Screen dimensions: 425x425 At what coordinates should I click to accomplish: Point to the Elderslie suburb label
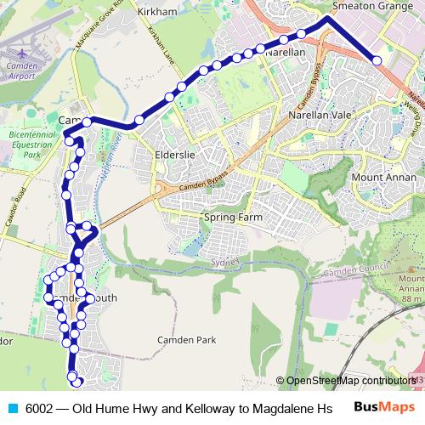176,155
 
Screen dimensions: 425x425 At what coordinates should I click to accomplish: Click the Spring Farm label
233,218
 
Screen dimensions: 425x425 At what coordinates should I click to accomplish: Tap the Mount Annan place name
382,178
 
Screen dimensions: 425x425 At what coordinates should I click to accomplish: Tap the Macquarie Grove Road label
95,31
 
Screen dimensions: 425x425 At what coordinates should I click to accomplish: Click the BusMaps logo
383,407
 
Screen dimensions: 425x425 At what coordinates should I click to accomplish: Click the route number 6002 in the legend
39,407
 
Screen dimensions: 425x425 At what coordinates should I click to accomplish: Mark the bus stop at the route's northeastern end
377,60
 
